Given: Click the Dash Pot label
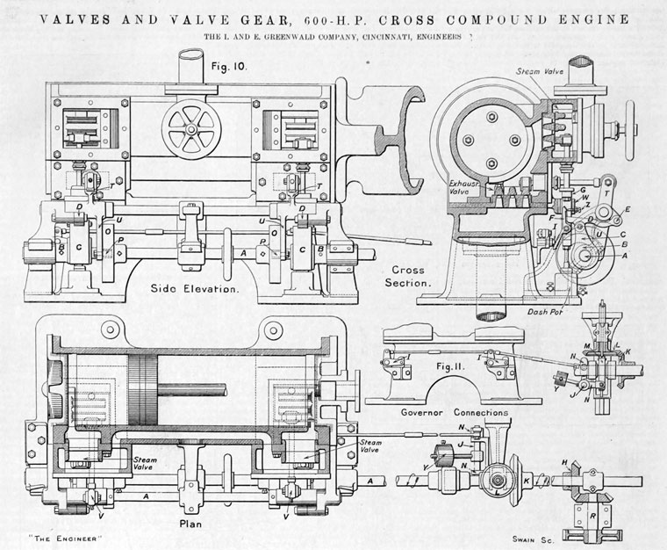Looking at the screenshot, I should pos(544,311).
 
